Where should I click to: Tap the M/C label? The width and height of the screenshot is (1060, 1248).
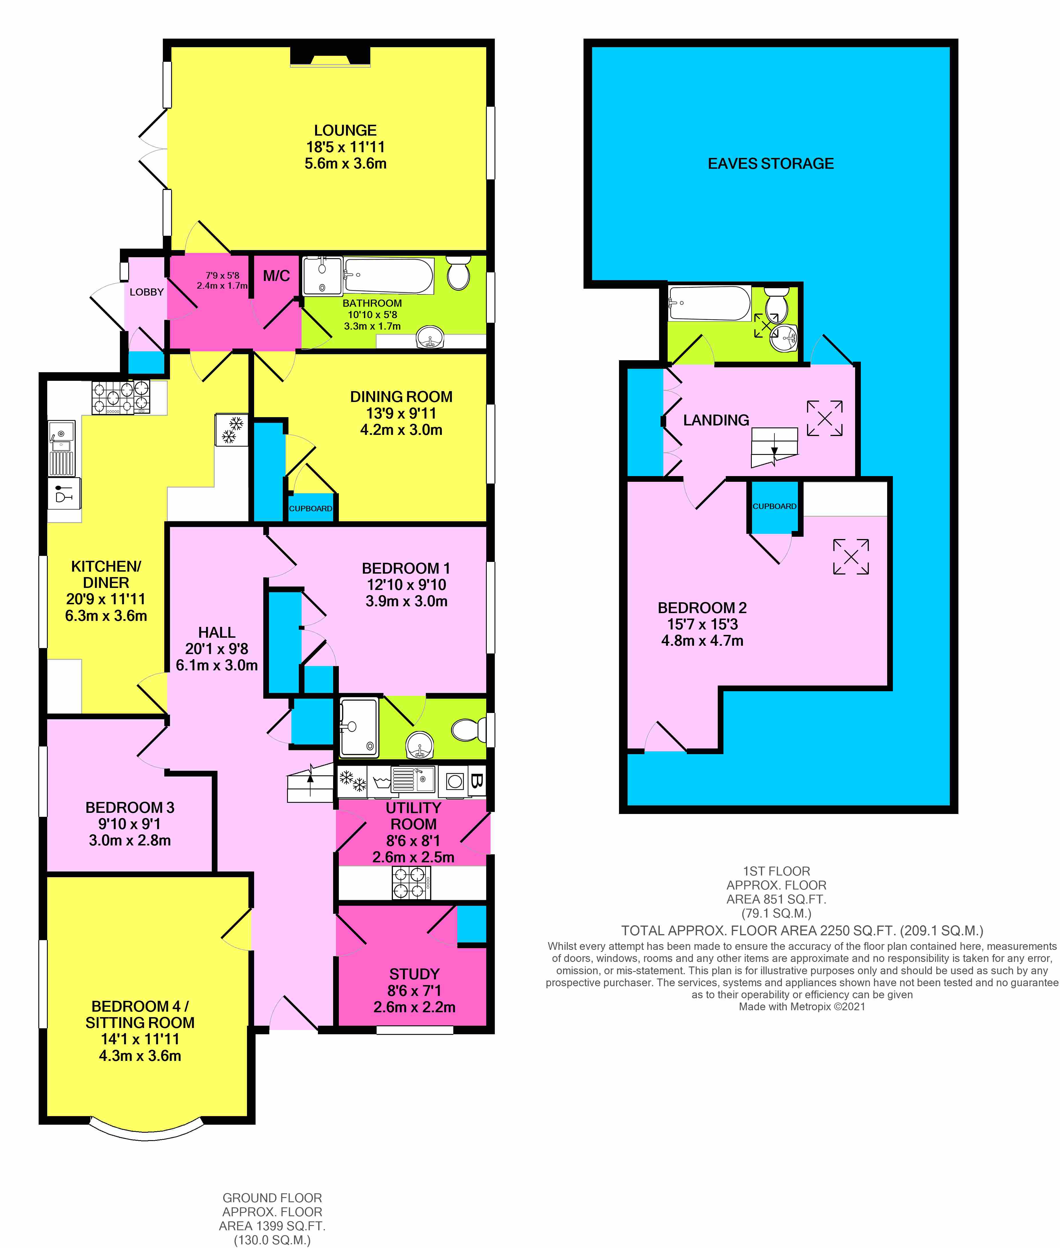276,276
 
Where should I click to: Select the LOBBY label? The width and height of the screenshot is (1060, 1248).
147,292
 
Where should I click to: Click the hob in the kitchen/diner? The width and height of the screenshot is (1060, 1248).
120,398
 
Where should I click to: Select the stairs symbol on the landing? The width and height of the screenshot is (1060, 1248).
774,448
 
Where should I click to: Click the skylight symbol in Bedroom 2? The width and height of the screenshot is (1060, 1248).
851,556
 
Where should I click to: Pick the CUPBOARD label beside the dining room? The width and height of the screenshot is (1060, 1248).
311,508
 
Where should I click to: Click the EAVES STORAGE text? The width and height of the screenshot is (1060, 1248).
770,163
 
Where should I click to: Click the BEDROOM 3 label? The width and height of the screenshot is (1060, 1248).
130,808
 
